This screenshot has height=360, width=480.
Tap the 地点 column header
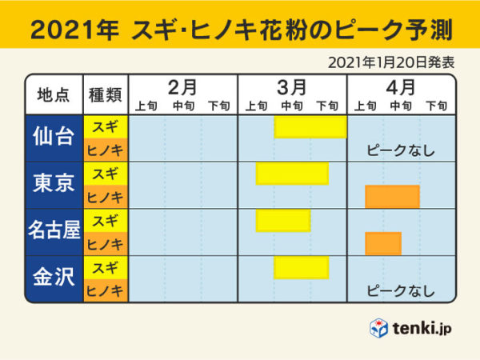click(54, 94)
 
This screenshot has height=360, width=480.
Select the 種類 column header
click(106, 94)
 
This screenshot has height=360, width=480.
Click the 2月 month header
click(183, 86)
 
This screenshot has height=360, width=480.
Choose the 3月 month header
click(292, 86)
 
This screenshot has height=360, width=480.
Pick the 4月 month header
click(401, 86)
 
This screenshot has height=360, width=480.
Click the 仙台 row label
click(54, 138)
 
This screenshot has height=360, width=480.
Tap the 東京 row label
click(54, 184)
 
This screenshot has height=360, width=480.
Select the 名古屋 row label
click(54, 231)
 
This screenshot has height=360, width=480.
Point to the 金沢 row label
click(54, 278)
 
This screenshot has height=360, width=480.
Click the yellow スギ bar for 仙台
click(310, 127)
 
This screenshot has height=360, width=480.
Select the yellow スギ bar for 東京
click(292, 174)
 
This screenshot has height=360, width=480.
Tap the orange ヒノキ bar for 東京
click(392, 197)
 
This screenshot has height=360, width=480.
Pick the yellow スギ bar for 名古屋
click(283, 220)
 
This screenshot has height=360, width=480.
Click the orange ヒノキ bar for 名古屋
click(382, 243)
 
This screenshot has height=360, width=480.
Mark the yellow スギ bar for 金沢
click(302, 267)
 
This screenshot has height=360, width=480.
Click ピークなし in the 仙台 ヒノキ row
click(400, 150)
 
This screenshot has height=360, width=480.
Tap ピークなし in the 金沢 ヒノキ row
click(400, 290)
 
